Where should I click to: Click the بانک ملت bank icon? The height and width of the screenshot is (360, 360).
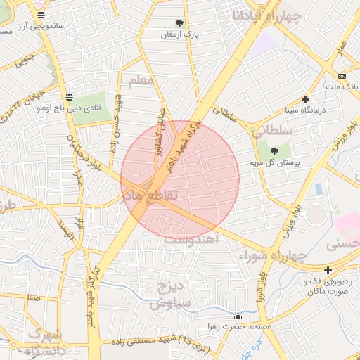(342, 76)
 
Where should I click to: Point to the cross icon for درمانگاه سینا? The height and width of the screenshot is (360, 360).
(304, 99)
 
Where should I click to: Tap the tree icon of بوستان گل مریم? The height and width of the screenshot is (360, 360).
(274, 150)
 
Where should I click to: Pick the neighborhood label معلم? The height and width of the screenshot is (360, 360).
(141, 79)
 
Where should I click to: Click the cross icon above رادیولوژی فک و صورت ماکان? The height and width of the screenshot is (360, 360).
(328, 270)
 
